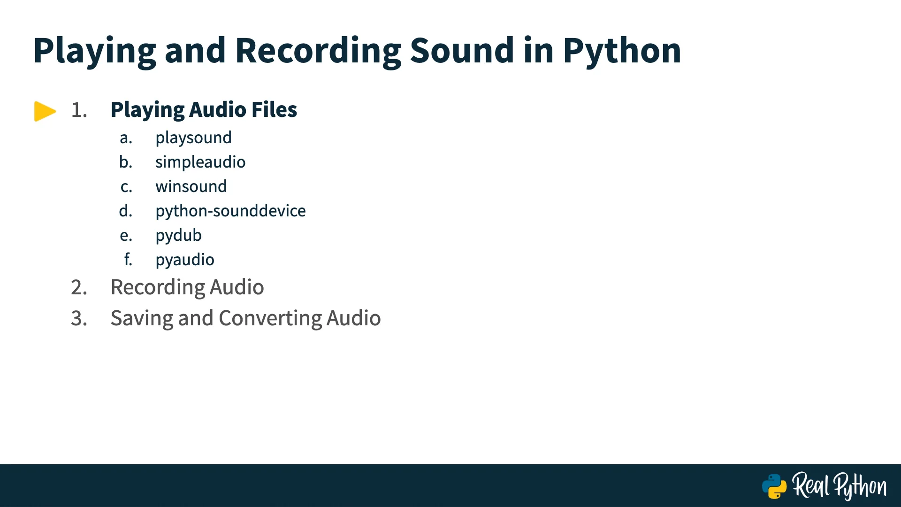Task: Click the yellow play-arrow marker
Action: pos(45,111)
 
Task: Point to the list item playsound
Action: pos(193,138)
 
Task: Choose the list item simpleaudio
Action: pos(200,162)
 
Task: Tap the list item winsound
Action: pos(191,186)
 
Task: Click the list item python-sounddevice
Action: pos(230,211)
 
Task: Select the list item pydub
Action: pos(178,236)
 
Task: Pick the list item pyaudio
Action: pos(185,260)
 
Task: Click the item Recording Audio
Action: pos(187,287)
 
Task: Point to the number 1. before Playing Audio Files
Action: pos(79,110)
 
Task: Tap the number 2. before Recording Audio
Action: pos(79,287)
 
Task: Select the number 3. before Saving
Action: pos(79,318)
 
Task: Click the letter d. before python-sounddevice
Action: pos(126,211)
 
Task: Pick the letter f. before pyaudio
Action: pos(128,259)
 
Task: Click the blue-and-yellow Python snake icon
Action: pos(774,486)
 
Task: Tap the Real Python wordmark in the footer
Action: pos(840,486)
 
